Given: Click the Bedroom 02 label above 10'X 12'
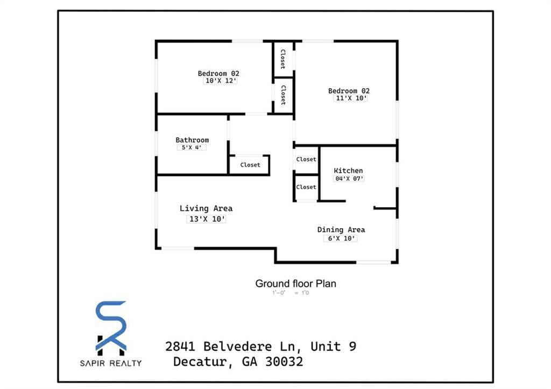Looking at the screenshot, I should [x=218, y=73].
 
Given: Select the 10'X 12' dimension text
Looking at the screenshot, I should [x=221, y=81].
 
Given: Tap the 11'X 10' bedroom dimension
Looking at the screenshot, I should [x=351, y=98].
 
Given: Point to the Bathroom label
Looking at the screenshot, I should [x=192, y=140].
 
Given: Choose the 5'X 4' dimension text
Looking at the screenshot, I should [x=192, y=147].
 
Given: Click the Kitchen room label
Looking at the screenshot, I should [x=348, y=171].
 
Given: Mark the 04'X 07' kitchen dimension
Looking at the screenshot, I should [x=349, y=179].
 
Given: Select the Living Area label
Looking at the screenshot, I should [x=206, y=208].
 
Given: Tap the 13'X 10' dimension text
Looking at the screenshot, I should [x=206, y=219].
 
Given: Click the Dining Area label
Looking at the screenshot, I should [x=341, y=230].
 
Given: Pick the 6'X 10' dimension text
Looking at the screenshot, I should [x=340, y=238].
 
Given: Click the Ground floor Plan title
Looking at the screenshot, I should [x=295, y=284].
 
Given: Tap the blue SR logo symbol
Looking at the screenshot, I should [x=111, y=326].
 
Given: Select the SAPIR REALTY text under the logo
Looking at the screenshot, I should [x=111, y=363].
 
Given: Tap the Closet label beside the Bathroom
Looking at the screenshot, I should [x=250, y=165].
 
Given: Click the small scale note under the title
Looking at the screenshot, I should [x=291, y=293].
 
